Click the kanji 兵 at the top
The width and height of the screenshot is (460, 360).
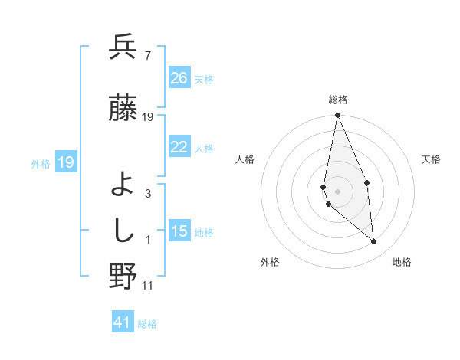pos(123,47)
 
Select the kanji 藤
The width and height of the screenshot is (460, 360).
pos(123,110)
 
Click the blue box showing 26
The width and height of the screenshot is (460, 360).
pos(179,78)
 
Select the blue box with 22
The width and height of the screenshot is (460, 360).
pos(179,148)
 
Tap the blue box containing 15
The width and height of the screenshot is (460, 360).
pos(179,231)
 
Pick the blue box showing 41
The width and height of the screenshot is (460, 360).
pos(123,322)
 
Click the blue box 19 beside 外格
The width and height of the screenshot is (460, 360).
pos(65,162)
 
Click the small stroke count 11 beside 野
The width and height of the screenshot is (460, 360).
pos(148,286)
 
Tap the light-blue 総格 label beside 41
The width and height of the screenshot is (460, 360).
pos(147,323)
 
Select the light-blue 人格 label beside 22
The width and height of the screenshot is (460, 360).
pos(204,149)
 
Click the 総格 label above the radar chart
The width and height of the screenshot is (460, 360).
pos(337,100)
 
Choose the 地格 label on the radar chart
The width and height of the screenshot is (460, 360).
pos(402,263)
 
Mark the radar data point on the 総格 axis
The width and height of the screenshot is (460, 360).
pos(337,116)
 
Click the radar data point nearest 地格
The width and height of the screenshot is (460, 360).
pos(374,242)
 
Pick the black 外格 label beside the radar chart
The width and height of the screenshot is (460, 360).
pos(270,263)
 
